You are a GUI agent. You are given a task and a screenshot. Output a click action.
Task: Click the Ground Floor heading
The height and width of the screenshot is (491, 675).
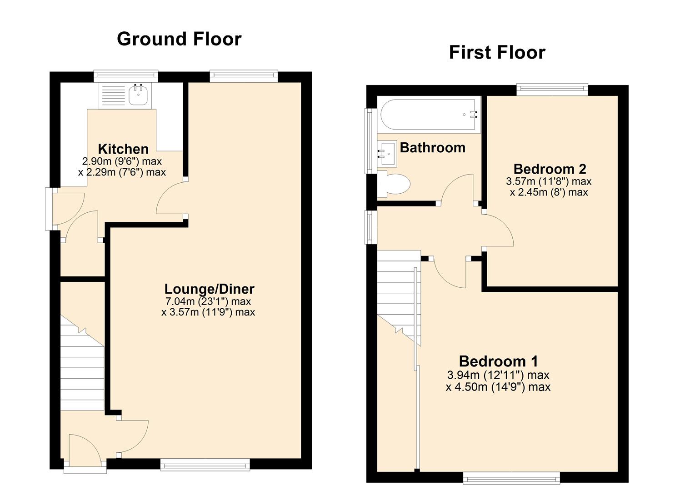click(179, 39)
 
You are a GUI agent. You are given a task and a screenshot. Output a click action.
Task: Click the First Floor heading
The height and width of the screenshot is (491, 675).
click(497, 53)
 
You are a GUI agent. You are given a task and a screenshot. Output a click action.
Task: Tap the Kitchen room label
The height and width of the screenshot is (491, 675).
click(123, 149)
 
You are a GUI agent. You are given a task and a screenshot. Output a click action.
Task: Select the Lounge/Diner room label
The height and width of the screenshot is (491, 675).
click(209, 289)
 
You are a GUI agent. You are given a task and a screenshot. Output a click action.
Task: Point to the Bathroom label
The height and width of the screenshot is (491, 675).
click(432, 148)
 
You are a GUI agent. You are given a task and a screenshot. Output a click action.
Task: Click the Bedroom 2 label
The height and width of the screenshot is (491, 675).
click(550, 169)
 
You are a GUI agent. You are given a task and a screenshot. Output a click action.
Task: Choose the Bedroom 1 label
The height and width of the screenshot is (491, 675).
click(498, 361)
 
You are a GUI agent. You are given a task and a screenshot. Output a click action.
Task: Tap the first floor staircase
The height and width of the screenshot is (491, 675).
click(396, 296)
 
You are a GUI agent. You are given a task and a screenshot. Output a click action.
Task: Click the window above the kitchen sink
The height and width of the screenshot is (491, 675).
click(126, 75)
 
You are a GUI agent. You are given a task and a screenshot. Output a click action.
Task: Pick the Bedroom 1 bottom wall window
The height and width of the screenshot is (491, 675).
click(511, 477)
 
